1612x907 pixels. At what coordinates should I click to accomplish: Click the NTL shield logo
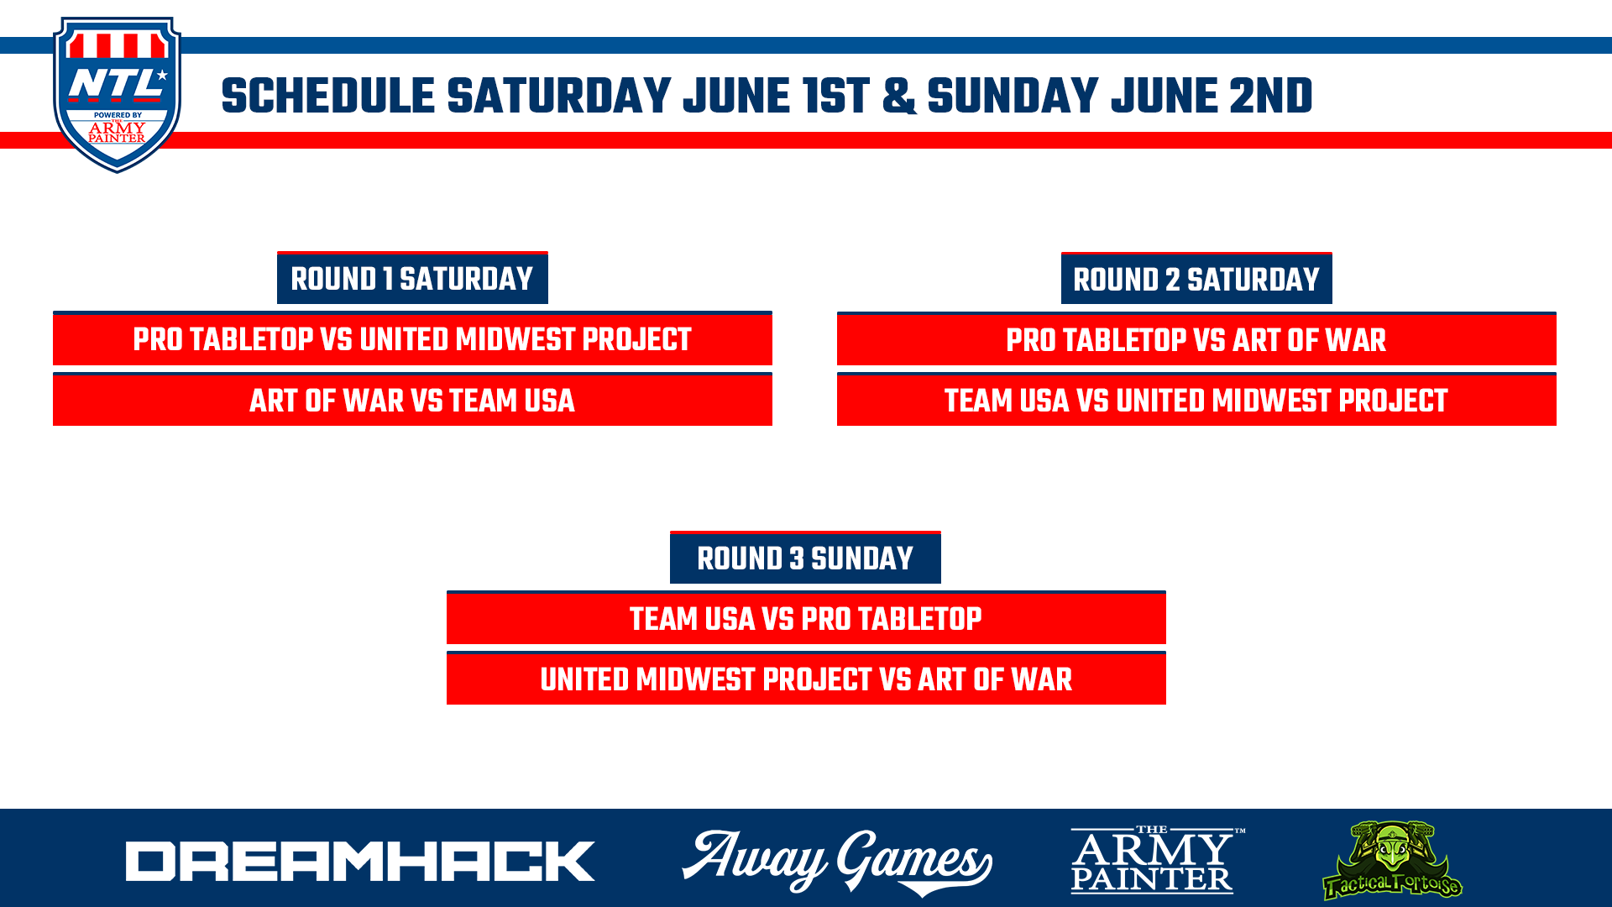[x=117, y=95]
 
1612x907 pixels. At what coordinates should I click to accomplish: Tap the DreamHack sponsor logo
[x=360, y=861]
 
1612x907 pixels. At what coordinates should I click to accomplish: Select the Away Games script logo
[x=837, y=862]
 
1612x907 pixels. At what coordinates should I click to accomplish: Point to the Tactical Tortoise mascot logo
[x=1392, y=860]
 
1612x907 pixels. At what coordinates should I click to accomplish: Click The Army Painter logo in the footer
[x=1158, y=859]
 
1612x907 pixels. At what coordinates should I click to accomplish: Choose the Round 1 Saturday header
[x=412, y=278]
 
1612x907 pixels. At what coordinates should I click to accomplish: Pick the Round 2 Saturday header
[x=1196, y=279]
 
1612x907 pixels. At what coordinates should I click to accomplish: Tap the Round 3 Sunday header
[x=805, y=558]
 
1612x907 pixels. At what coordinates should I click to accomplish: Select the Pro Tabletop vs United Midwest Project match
[x=412, y=338]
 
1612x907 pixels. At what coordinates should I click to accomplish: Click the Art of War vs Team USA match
[x=412, y=400]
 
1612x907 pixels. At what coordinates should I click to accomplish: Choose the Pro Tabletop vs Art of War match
[x=1196, y=339]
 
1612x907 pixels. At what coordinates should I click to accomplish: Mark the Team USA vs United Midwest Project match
[x=1196, y=400]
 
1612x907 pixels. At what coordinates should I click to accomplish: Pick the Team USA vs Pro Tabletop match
[x=806, y=618]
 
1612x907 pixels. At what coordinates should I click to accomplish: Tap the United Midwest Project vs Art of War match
[x=806, y=679]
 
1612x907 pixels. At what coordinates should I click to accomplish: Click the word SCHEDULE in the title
[x=328, y=97]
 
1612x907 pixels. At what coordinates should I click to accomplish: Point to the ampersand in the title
[x=898, y=97]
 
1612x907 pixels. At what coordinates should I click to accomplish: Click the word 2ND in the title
[x=1270, y=97]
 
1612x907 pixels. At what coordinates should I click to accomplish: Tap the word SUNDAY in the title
[x=1013, y=97]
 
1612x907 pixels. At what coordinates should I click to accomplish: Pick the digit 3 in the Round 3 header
[x=797, y=558]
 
